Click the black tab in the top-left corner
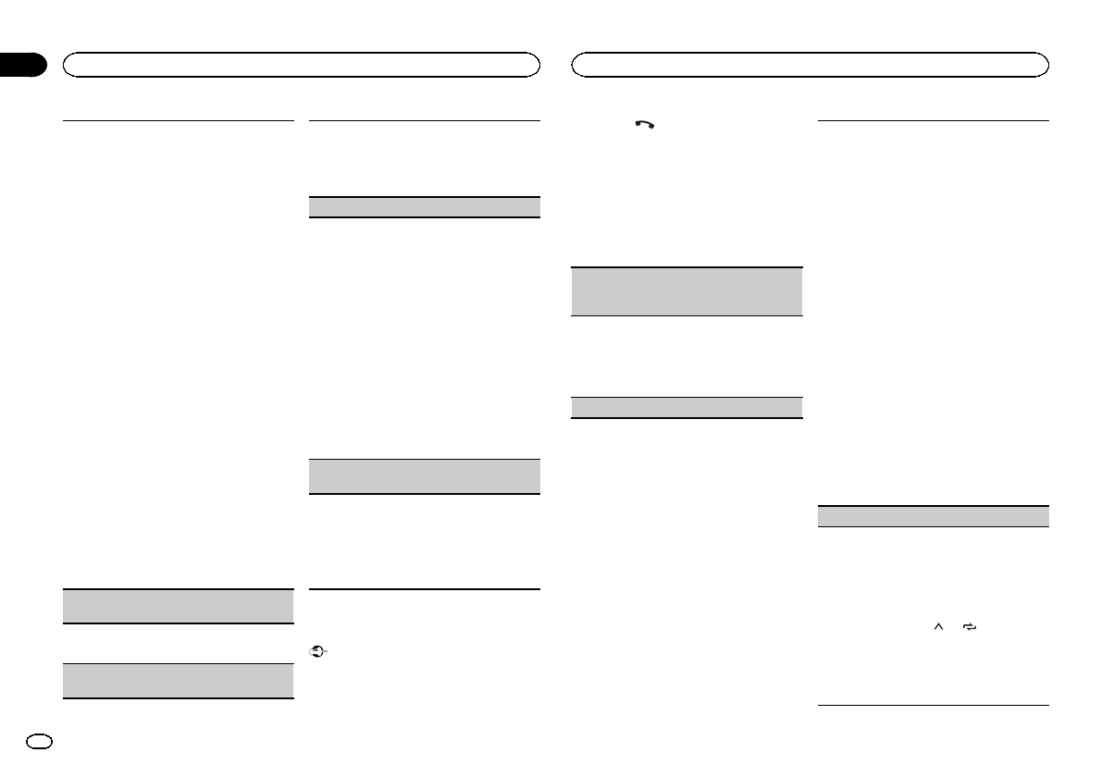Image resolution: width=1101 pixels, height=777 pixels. [23, 65]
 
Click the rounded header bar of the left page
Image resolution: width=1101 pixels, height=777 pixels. [301, 64]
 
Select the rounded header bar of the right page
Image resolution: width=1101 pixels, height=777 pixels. [810, 64]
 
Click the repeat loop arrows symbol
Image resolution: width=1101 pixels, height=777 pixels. [970, 627]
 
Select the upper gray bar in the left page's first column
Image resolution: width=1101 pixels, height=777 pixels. [178, 607]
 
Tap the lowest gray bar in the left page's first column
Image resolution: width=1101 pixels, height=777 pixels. [178, 680]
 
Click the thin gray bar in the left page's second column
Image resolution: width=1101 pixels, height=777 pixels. [423, 206]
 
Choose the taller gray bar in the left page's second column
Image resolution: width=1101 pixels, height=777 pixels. [423, 476]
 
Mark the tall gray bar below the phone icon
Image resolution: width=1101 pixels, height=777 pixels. [686, 292]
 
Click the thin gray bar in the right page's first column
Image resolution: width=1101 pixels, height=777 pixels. [686, 408]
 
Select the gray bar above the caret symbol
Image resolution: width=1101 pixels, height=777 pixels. [934, 516]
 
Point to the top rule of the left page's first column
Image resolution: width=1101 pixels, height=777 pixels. [178, 120]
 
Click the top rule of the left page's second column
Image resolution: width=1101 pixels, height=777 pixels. [423, 120]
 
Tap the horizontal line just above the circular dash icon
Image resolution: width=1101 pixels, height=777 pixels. [423, 589]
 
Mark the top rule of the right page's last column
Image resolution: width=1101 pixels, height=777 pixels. [934, 120]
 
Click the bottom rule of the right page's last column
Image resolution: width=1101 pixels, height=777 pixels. [934, 707]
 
